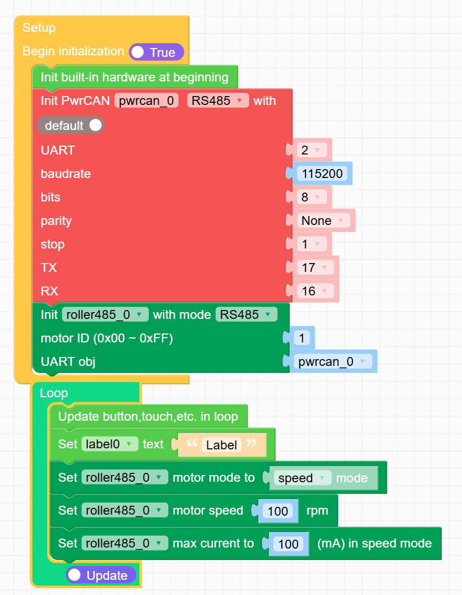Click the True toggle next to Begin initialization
point(156,52)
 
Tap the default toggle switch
point(70,126)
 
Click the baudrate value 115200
point(322,174)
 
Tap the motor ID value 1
point(302,338)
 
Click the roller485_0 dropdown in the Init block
point(104,315)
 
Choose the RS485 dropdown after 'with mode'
point(246,315)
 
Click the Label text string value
point(221,445)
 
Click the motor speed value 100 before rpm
point(278,511)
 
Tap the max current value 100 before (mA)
point(288,544)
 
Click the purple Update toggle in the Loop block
point(101,575)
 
